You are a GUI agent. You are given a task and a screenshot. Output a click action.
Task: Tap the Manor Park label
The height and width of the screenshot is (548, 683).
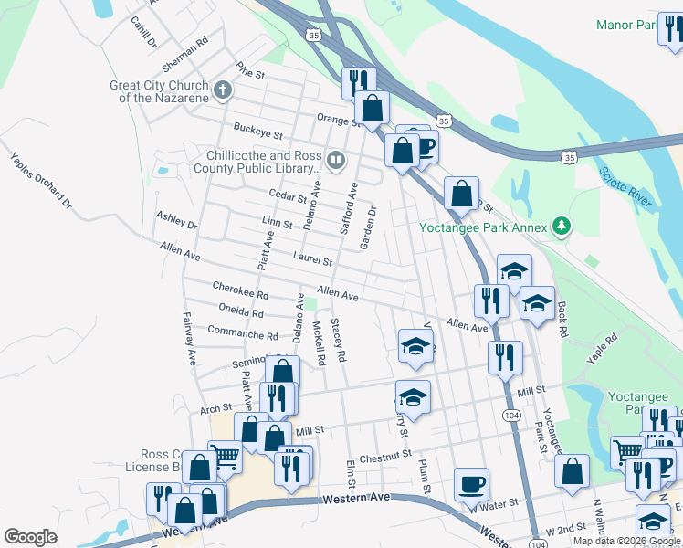626,25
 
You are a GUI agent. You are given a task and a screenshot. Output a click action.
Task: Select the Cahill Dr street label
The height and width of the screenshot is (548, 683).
143,32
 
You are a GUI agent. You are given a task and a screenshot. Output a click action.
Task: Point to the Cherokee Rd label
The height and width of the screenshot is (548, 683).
240,290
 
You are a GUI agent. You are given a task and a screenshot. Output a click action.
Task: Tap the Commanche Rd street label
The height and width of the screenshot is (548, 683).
243,333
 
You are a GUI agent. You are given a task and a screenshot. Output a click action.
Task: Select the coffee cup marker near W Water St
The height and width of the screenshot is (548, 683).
471,483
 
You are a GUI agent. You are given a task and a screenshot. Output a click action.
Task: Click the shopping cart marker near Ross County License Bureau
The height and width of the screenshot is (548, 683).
225,457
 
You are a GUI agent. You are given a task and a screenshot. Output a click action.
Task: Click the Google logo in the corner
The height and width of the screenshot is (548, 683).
30,537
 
